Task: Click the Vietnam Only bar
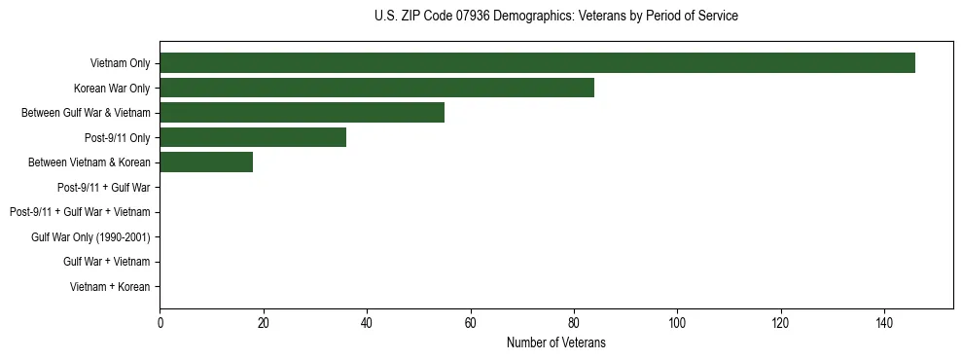537,62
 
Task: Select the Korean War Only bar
376,88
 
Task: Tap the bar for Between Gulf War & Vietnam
302,112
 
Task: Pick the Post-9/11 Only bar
253,137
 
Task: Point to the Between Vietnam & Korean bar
206,162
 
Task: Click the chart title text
555,17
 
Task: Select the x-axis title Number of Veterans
555,342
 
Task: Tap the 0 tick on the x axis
160,321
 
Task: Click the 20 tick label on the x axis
263,321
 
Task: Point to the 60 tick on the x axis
470,321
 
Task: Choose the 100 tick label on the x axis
677,321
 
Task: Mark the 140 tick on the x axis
884,321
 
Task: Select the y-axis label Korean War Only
112,89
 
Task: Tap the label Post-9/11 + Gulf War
103,187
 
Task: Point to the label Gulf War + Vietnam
106,262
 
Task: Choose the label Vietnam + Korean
110,287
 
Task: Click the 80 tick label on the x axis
573,321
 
